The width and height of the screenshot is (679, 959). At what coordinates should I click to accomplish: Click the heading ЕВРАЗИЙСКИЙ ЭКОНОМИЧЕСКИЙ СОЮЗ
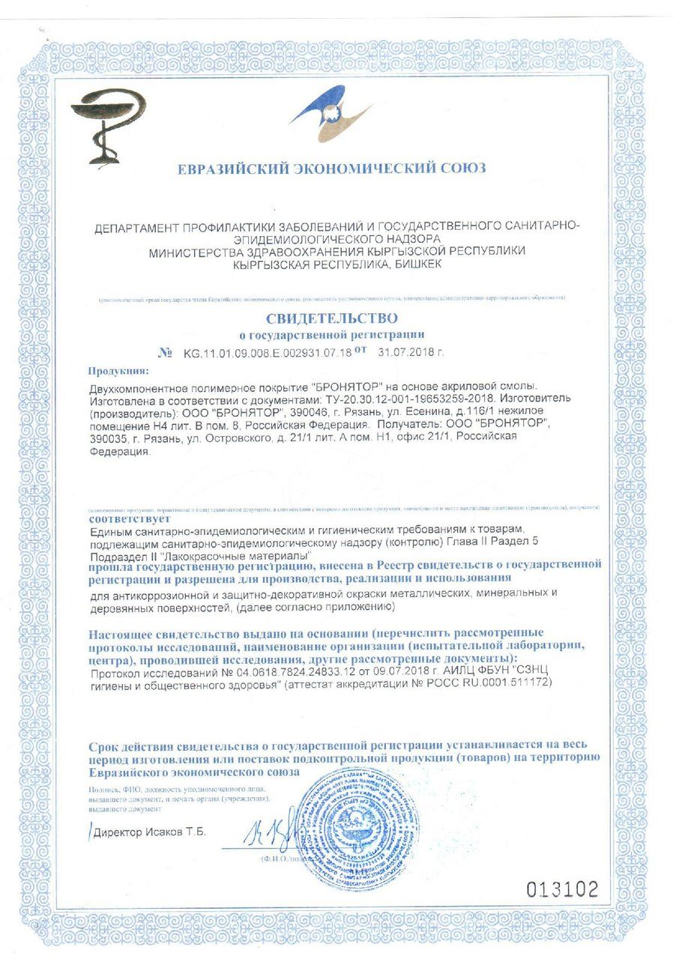(331, 169)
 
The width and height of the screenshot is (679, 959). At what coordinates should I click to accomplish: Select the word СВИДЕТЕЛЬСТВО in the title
(331, 318)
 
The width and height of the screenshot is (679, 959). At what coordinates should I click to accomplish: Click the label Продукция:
(118, 371)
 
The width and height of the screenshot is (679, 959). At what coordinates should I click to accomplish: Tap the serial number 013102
(561, 890)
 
